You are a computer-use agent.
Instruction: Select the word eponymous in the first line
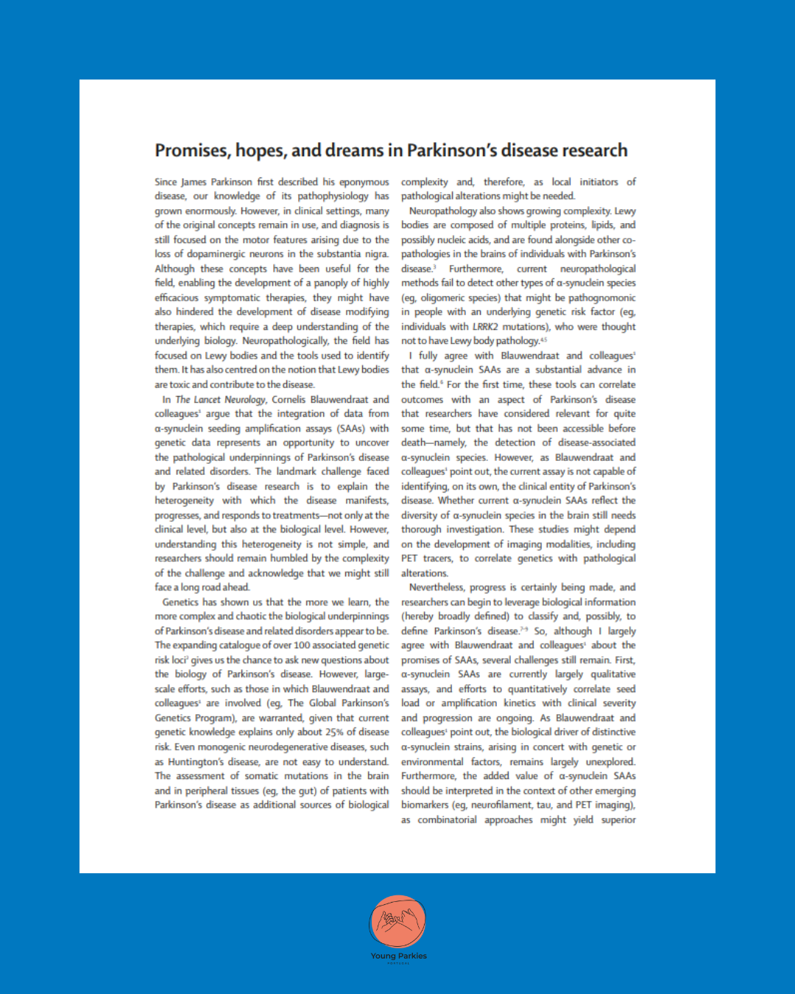pyautogui.click(x=364, y=182)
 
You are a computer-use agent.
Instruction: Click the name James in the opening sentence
pyautogui.click(x=194, y=182)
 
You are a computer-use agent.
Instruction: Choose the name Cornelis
pyautogui.click(x=289, y=400)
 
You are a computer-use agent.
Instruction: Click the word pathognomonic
pyautogui.click(x=601, y=298)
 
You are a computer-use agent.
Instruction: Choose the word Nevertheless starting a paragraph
pyautogui.click(x=437, y=588)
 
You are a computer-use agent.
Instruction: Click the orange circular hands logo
pyautogui.click(x=397, y=922)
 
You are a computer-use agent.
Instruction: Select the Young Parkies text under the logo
pyautogui.click(x=398, y=956)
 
